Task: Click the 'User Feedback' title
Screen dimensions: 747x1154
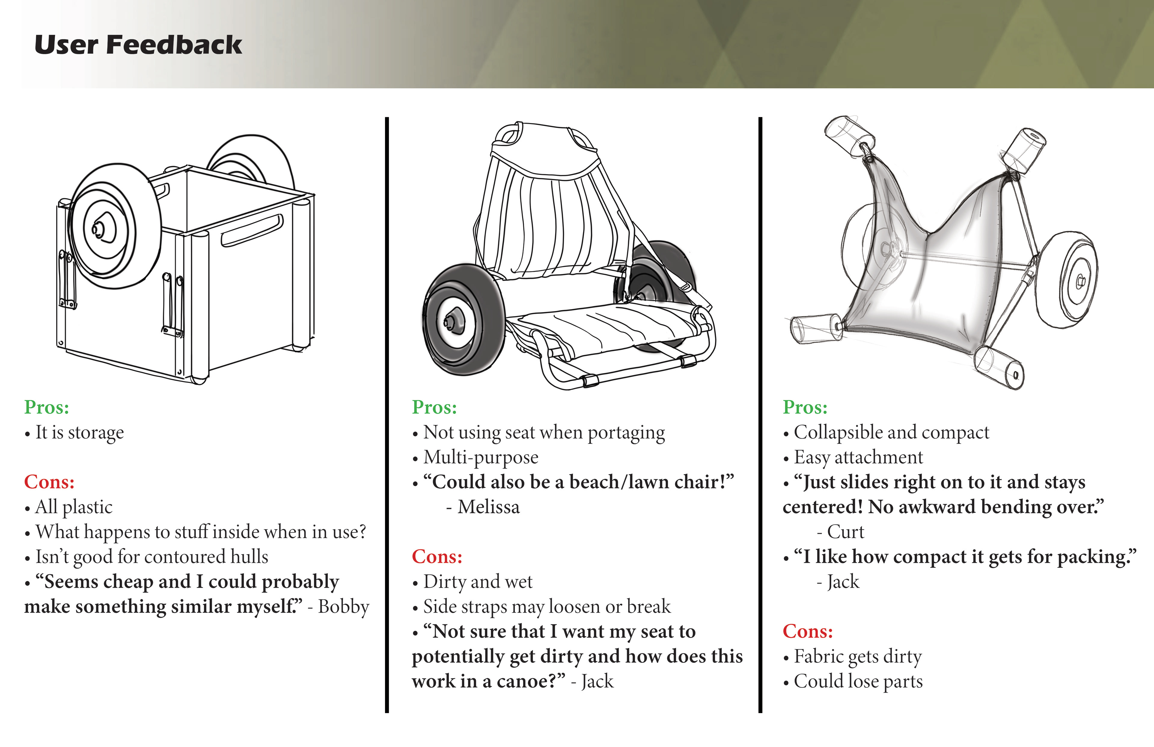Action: pos(138,45)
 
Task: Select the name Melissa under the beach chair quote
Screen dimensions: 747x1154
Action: pos(488,507)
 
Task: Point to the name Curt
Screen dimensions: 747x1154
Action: pos(845,532)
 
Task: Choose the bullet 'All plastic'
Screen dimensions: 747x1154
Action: pos(74,507)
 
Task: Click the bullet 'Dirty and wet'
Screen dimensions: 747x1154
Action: pos(478,582)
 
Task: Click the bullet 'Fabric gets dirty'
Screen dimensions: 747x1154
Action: pos(857,656)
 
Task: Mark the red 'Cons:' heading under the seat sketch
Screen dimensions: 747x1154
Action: pos(437,556)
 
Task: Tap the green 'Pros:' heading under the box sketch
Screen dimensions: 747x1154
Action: pos(47,407)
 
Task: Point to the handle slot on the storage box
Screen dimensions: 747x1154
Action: pos(252,230)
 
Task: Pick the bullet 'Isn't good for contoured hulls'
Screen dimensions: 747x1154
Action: pos(151,557)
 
